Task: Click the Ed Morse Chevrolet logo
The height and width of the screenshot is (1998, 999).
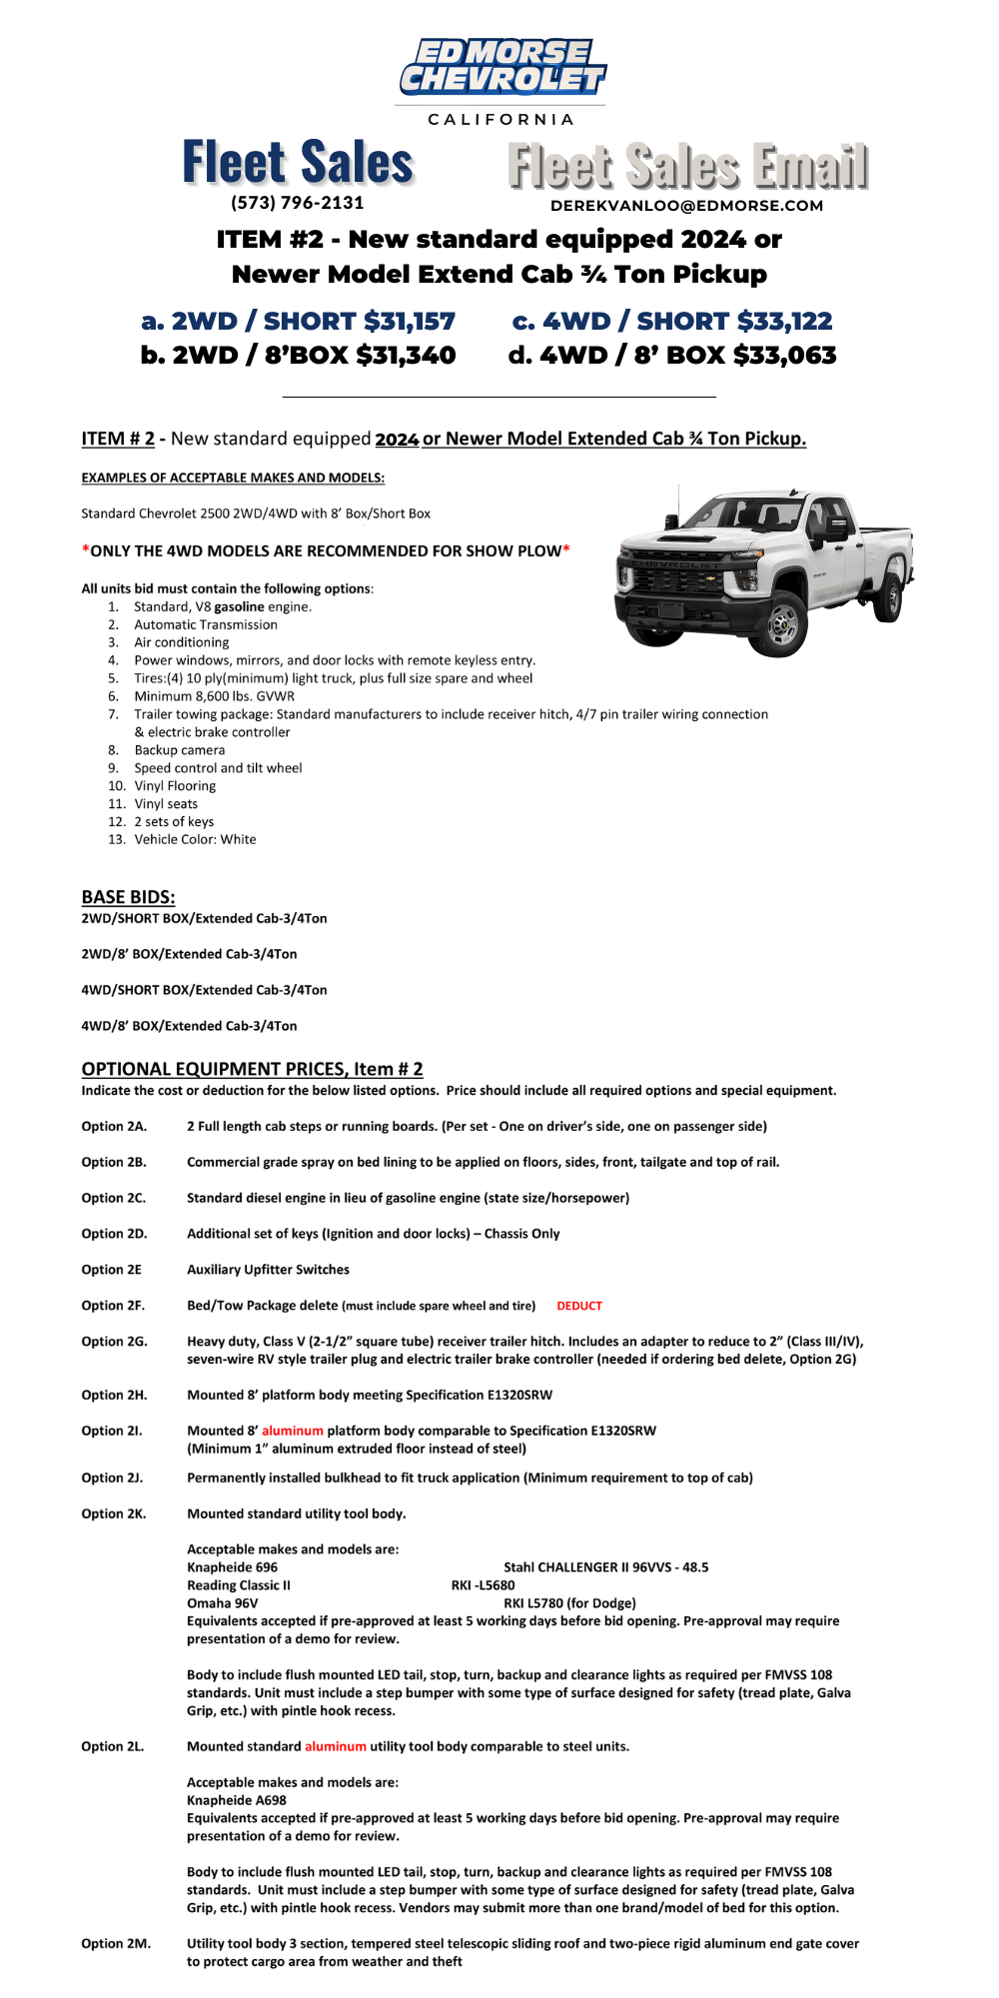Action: click(x=501, y=68)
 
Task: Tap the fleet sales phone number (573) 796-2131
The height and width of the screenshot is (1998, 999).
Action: click(x=298, y=203)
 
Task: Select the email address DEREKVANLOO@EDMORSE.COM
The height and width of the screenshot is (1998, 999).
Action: click(x=686, y=206)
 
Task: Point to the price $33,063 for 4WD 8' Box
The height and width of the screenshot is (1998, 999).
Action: click(x=785, y=356)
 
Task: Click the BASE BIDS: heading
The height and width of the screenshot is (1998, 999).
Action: click(x=128, y=897)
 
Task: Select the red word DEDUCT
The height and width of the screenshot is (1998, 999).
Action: click(x=579, y=1306)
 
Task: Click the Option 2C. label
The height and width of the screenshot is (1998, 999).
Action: click(x=114, y=1198)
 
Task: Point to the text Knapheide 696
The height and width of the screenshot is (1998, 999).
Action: click(x=233, y=1567)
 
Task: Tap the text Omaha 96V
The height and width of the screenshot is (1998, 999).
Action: click(x=223, y=1603)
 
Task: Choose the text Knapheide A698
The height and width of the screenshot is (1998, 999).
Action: click(x=237, y=1800)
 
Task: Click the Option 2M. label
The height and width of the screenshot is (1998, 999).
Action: click(x=116, y=1943)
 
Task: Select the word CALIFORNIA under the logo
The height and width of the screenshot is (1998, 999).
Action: click(x=501, y=120)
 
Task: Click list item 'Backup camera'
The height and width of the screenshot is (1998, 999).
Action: click(x=180, y=750)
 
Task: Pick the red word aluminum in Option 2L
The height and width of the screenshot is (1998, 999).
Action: click(x=336, y=1746)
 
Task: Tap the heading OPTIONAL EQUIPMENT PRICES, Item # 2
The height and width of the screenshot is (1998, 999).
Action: click(x=252, y=1069)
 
